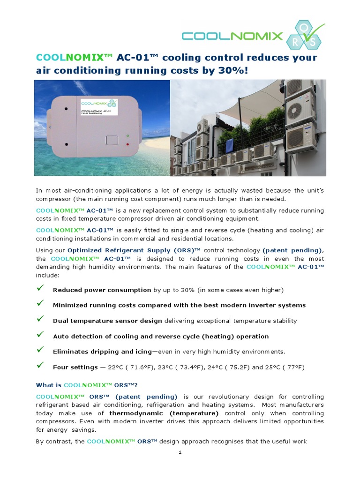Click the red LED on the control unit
tap(128, 144)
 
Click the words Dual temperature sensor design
tap(107, 321)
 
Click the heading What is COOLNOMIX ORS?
tap(87, 385)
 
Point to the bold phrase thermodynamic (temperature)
tap(164, 413)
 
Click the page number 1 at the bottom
tap(180, 452)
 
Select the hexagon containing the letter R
tap(298, 40)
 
